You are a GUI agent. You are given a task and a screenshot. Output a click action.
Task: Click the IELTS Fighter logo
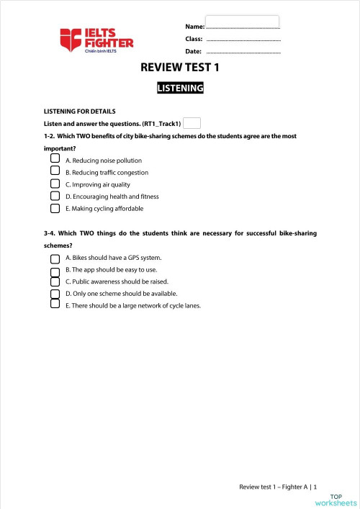[x=96, y=40]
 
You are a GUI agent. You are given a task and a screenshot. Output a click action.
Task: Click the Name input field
[x=242, y=22]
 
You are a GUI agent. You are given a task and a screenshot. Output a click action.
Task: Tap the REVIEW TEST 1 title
[x=180, y=68]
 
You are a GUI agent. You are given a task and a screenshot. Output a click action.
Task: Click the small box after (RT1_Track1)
[x=192, y=123]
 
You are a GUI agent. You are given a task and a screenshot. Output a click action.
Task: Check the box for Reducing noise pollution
[x=55, y=159]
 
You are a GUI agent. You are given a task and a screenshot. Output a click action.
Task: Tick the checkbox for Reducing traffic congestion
[x=55, y=171]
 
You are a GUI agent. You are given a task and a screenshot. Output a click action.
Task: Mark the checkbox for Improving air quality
[x=55, y=184]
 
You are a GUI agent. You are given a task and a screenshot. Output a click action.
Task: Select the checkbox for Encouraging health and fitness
[x=55, y=196]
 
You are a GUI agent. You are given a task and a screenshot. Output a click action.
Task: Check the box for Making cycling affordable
[x=55, y=208]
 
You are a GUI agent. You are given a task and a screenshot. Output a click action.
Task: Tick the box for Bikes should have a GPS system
[x=55, y=258]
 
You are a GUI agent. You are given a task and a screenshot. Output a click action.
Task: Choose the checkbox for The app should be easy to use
[x=55, y=271]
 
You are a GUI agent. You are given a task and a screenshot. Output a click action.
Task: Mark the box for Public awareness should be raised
[x=55, y=282]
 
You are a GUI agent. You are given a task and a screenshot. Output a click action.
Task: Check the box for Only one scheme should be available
[x=55, y=294]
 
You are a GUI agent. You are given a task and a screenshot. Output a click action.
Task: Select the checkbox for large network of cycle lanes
[x=55, y=304]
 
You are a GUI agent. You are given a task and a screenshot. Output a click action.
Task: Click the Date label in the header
[x=193, y=52]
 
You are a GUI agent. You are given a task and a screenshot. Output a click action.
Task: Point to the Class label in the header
[x=194, y=39]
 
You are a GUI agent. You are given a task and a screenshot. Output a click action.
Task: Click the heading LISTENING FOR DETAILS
[x=80, y=111]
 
